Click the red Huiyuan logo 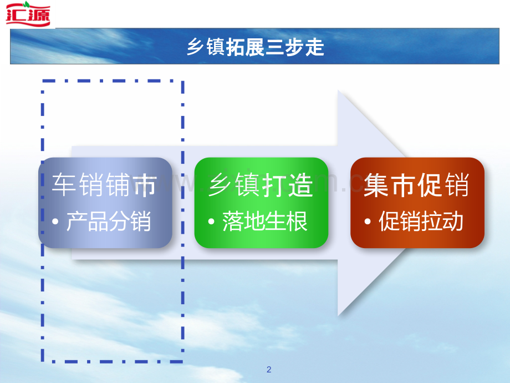pos(28,14)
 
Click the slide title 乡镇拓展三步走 pos(256,47)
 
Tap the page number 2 pos(269,370)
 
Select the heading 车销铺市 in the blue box pos(104,185)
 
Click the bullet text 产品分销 pos(109,221)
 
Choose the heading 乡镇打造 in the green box pos(261,185)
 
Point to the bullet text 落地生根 pos(265,221)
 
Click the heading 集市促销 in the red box pos(417,185)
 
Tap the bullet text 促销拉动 pos(421,221)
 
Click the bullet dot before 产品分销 pos(55,222)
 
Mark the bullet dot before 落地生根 pos(211,222)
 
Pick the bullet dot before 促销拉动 pos(368,222)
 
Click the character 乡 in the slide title pos(196,47)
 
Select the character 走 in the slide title pos(315,47)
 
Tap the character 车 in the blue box pos(64,185)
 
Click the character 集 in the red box pos(376,185)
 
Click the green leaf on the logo pos(27,4)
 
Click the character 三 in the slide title pos(275,47)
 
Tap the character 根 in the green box pos(297,221)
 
